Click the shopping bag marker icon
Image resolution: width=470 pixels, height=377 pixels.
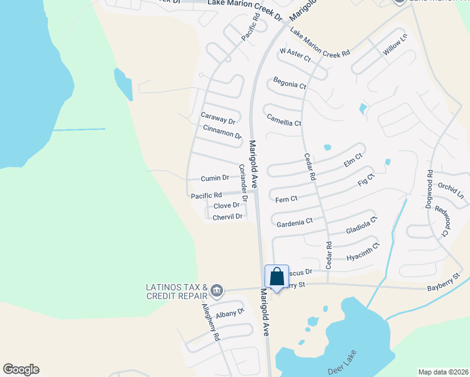click(x=276, y=278)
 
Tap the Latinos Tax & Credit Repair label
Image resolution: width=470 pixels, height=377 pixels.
click(x=177, y=292)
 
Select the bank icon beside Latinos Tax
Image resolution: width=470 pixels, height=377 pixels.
click(x=217, y=290)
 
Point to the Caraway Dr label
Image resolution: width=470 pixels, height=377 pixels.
click(x=217, y=118)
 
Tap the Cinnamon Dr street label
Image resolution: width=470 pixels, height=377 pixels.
click(x=222, y=131)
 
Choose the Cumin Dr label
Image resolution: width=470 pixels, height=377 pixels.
click(x=214, y=178)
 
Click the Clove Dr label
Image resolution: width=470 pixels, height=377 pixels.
click(x=226, y=205)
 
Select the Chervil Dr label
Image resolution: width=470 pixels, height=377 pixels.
click(x=227, y=217)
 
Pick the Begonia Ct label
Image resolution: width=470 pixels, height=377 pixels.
click(x=290, y=84)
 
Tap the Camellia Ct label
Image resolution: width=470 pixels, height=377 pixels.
click(x=284, y=119)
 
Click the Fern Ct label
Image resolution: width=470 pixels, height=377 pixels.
click(x=286, y=199)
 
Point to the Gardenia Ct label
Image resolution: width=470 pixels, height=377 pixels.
click(x=294, y=222)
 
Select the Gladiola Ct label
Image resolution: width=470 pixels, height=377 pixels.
click(x=361, y=226)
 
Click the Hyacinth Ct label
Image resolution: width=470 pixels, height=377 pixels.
click(x=363, y=251)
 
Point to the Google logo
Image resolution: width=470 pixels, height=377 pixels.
click(x=21, y=369)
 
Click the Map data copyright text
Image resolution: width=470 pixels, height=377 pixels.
click(x=442, y=372)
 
